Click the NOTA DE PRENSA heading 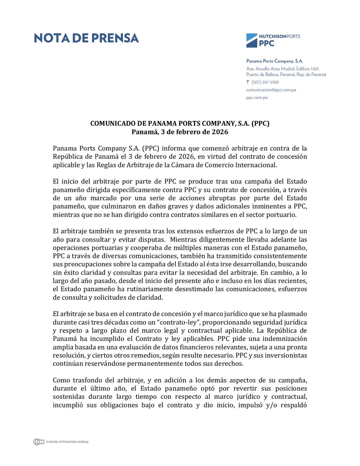pos(86,38)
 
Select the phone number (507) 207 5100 pos(265,82)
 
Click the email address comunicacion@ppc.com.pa pos(271,90)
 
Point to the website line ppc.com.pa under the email pos(257,97)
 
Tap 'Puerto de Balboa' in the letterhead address pos(261,74)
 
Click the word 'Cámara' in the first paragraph pos(184,165)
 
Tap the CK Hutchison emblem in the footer pos(38,442)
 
